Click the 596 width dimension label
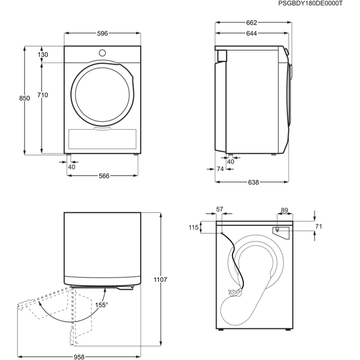[102, 34]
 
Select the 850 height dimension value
[24, 98]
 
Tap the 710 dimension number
[43, 95]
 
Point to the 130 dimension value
[43, 55]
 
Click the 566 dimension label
[104, 176]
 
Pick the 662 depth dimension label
[251, 23]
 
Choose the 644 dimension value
[251, 34]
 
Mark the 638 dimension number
[254, 182]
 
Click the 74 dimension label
[220, 169]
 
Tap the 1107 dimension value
[160, 280]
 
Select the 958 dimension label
[79, 357]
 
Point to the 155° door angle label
[101, 305]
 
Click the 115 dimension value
[193, 228]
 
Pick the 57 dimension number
[220, 209]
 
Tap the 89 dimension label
[285, 210]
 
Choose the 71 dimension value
[318, 227]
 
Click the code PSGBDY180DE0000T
[310, 3]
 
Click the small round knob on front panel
[102, 53]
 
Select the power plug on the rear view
[234, 292]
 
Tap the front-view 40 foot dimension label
[71, 167]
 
